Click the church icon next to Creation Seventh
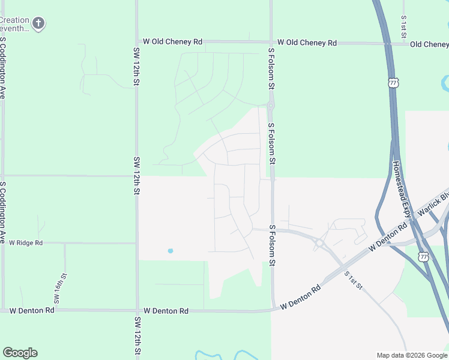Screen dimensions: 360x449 click(x=38, y=24)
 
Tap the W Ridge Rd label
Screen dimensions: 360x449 click(x=26, y=243)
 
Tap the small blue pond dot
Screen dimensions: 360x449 click(x=170, y=250)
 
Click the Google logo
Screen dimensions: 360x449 click(x=20, y=353)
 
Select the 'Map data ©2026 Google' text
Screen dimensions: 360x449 click(x=412, y=355)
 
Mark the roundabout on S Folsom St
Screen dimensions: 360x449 click(x=271, y=106)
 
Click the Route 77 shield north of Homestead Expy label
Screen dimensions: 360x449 click(x=393, y=83)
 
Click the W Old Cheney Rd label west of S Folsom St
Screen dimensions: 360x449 click(x=172, y=42)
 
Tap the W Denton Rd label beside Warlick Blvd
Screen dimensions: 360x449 click(x=388, y=237)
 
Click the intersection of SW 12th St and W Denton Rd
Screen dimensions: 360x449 click(x=137, y=311)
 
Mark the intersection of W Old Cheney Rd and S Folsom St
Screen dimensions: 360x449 click(x=271, y=43)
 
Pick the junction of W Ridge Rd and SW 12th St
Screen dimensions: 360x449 click(x=137, y=243)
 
